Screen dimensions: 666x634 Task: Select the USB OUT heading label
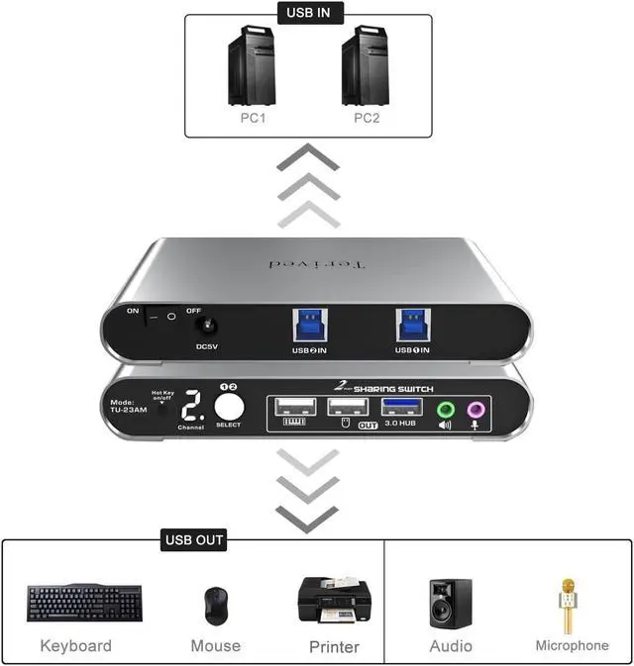pos(194,540)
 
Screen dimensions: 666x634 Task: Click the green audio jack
pos(445,409)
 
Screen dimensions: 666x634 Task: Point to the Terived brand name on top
pos(318,265)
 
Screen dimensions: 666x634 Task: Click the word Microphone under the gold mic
pos(572,645)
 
